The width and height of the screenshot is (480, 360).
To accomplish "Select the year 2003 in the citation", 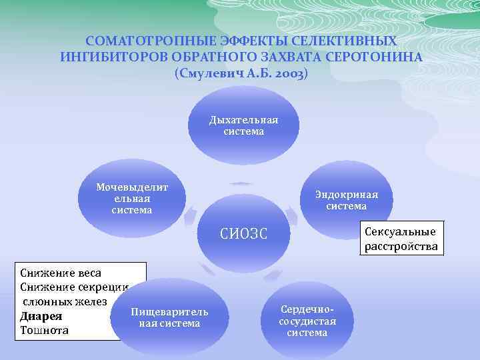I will coord(288,73).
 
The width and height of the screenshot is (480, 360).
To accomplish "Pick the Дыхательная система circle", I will coord(243,125).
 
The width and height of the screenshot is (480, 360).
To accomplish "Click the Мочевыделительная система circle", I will coord(132,199).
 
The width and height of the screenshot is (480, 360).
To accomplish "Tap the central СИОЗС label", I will coord(243,234).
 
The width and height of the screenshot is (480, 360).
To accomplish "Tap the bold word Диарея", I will coord(41,316).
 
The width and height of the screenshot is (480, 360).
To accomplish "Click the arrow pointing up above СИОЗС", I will coord(241,183).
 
